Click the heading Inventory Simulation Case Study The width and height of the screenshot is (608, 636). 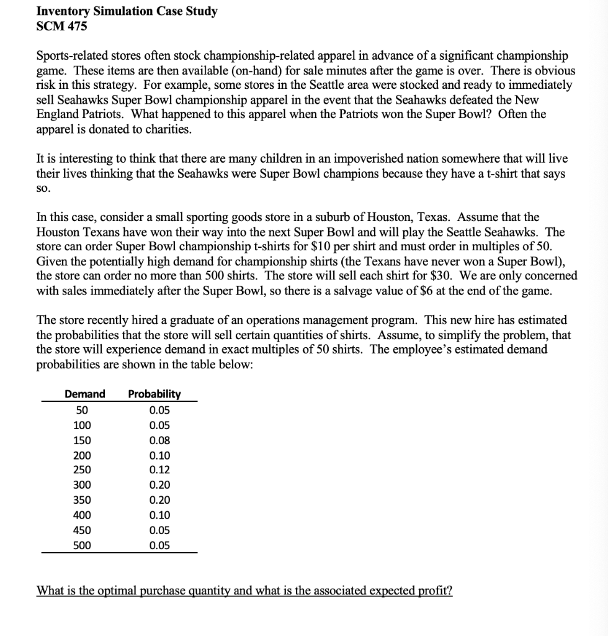[x=127, y=12]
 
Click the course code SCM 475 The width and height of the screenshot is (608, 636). [x=62, y=26]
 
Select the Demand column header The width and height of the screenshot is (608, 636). [x=84, y=394]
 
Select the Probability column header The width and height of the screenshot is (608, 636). [x=154, y=394]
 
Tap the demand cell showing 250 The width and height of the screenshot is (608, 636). [x=82, y=470]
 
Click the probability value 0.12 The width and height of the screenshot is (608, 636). [x=159, y=470]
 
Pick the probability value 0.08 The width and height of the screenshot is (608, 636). [x=159, y=440]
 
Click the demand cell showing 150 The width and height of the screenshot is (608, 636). [x=82, y=440]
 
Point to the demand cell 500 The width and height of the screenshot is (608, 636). [x=82, y=545]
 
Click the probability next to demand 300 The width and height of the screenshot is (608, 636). [x=159, y=485]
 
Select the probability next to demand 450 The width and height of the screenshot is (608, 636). [x=159, y=530]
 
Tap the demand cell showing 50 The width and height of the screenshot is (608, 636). [x=82, y=410]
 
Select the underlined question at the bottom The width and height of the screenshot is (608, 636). [x=245, y=590]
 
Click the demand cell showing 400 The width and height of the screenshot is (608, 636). [x=82, y=515]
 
